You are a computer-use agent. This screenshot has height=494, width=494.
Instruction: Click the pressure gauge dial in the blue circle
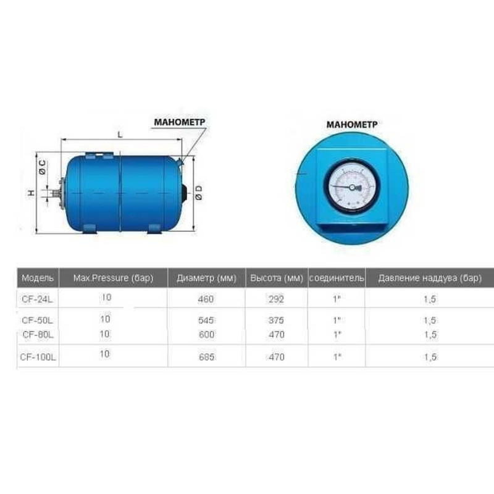click(351, 186)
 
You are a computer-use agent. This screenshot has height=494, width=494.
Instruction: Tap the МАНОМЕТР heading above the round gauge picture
click(351, 124)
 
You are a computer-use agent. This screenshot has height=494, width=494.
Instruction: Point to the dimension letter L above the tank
click(119, 133)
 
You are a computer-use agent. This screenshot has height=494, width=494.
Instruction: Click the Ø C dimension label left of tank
click(41, 167)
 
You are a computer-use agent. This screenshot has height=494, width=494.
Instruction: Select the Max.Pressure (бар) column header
click(112, 278)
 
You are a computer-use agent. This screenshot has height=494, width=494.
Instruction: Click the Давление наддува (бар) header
click(430, 278)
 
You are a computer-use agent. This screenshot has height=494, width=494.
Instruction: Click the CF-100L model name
click(38, 357)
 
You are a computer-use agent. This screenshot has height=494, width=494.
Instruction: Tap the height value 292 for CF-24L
click(276, 300)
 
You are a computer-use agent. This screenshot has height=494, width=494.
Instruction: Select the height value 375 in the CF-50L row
click(276, 320)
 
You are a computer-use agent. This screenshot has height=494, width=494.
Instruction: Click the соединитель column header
click(337, 278)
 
